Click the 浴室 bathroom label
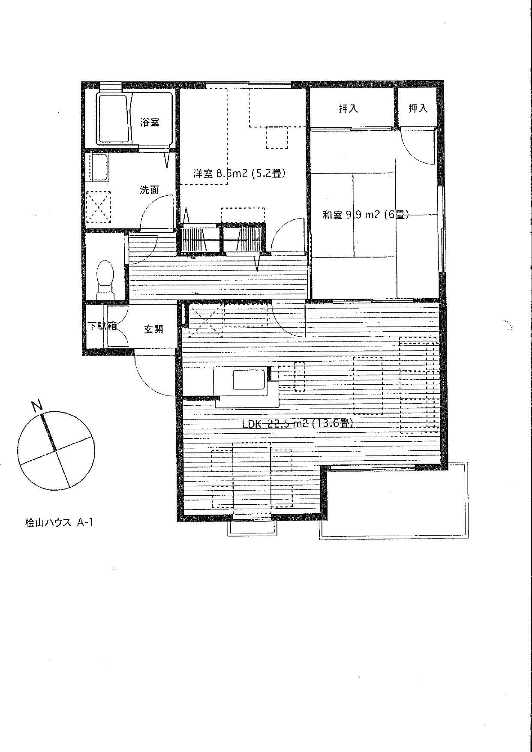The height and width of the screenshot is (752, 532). (x=150, y=122)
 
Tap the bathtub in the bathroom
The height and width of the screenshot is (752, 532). (x=113, y=119)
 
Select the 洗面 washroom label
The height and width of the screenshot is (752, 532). (x=150, y=190)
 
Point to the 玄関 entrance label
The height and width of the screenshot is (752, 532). (x=153, y=329)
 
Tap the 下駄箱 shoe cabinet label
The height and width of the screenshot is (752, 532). (x=103, y=326)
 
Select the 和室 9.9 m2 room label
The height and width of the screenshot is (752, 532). (x=365, y=215)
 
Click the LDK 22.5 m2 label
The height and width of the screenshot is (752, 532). (x=298, y=424)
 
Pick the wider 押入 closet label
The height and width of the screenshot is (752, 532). (x=348, y=109)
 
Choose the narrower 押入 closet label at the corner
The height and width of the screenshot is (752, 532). (x=418, y=108)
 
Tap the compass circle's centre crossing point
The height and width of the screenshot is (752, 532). (x=56, y=449)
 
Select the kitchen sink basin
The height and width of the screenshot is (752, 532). (x=245, y=379)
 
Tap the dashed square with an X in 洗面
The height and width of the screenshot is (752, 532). (x=99, y=208)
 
